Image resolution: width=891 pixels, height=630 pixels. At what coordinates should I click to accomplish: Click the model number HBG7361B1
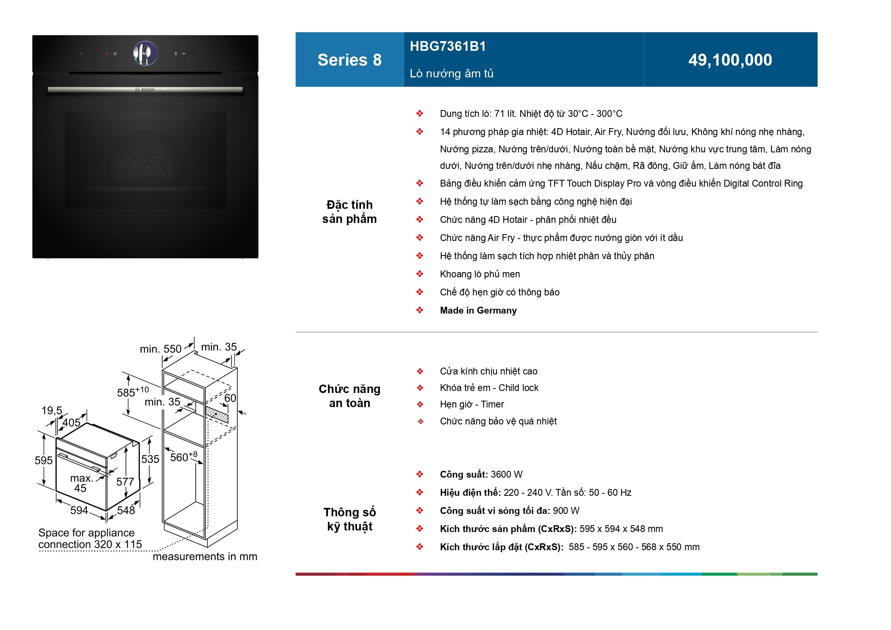click(x=448, y=46)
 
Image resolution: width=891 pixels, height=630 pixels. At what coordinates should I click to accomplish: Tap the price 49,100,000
click(x=730, y=60)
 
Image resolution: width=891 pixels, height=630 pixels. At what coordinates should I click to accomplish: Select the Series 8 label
click(x=349, y=60)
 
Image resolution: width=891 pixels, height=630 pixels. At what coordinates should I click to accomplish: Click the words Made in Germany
click(x=478, y=310)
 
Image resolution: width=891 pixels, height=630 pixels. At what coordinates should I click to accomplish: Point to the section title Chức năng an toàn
click(x=349, y=396)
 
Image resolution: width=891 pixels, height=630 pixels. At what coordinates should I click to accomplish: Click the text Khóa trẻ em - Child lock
click(x=489, y=388)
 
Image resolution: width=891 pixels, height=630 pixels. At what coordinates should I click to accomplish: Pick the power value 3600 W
click(x=507, y=474)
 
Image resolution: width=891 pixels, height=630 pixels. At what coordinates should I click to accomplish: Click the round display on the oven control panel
click(x=145, y=53)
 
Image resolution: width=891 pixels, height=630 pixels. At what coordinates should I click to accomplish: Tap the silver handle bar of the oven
click(x=145, y=89)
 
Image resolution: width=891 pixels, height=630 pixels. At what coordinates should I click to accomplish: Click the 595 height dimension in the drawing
click(x=44, y=460)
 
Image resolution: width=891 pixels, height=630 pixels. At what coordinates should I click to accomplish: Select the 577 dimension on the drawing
click(x=125, y=481)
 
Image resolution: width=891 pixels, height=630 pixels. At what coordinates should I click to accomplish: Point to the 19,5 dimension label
click(x=52, y=410)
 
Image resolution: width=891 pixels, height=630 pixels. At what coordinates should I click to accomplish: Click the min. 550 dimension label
click(x=161, y=349)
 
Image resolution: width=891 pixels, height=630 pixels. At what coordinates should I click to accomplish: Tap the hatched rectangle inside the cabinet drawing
click(x=217, y=414)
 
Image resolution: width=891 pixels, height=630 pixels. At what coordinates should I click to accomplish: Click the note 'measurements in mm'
click(x=205, y=557)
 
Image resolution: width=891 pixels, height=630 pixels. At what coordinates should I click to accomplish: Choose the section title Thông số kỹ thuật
click(x=349, y=519)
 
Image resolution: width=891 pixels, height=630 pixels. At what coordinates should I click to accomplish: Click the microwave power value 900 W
click(x=566, y=511)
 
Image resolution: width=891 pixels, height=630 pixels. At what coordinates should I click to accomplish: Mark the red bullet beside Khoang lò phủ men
click(x=420, y=274)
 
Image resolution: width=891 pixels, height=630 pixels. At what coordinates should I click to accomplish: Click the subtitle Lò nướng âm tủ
click(x=451, y=73)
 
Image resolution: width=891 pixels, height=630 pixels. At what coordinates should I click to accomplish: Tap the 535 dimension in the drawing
click(x=150, y=459)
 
